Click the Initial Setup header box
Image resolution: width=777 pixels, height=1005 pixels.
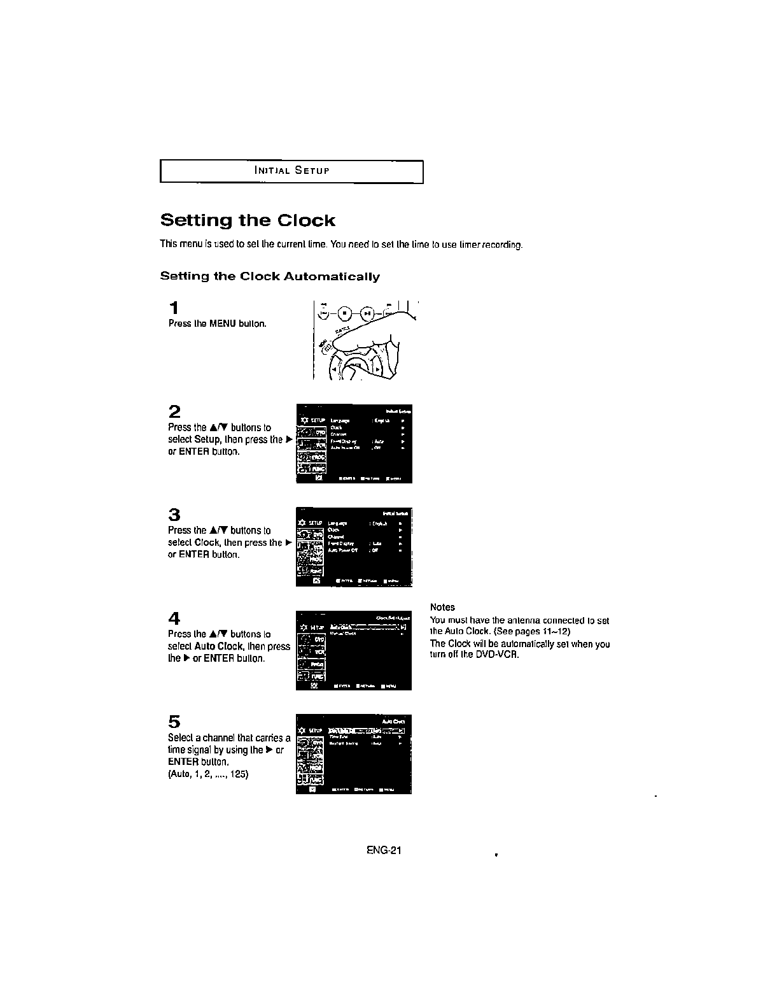(291, 171)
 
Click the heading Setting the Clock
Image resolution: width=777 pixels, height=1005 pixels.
(248, 221)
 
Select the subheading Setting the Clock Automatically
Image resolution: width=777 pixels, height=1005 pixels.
(270, 276)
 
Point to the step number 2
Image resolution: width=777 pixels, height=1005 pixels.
(174, 411)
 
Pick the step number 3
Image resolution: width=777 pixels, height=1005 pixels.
(174, 514)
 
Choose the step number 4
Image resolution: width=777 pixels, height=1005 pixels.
(174, 618)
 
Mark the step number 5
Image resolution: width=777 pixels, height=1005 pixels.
(174, 722)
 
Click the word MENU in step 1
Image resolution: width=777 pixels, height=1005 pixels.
(223, 324)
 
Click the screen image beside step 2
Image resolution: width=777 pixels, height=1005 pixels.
(354, 443)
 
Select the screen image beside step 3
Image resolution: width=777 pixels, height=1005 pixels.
(354, 546)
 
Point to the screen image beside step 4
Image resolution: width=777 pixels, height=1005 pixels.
(354, 650)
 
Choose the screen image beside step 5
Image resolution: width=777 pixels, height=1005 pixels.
(354, 754)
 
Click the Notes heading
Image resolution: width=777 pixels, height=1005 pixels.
(442, 607)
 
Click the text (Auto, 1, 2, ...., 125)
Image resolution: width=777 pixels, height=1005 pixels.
(207, 774)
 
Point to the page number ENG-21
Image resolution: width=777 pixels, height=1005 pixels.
(383, 850)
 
